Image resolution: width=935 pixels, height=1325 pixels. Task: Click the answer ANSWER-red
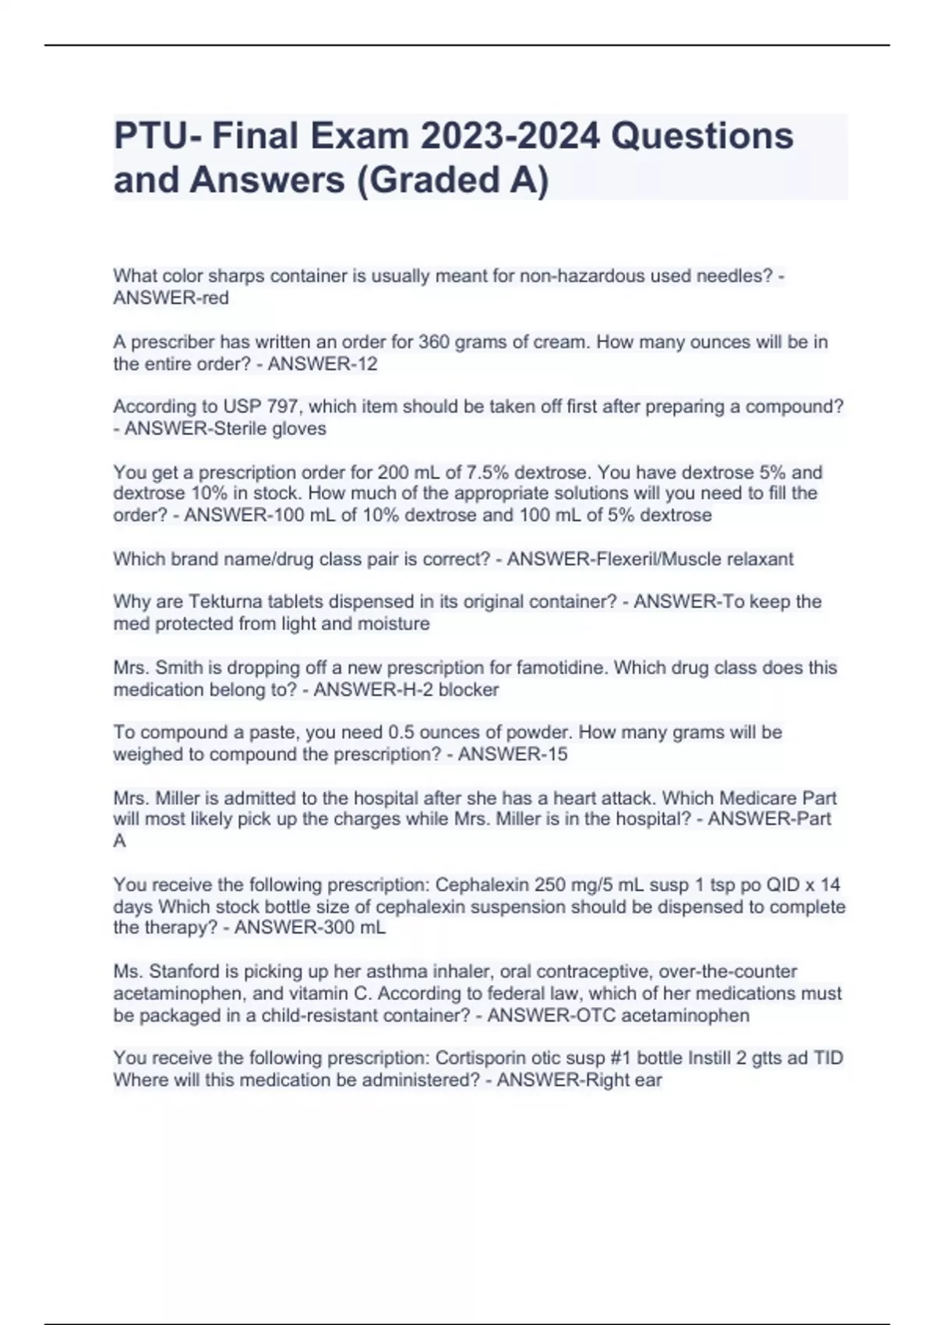(171, 299)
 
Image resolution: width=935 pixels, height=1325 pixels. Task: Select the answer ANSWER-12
(323, 364)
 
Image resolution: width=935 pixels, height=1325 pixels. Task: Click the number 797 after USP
(284, 407)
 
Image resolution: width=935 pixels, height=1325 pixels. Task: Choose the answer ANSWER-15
(513, 754)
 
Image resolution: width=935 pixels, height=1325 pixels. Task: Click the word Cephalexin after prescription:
(482, 885)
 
